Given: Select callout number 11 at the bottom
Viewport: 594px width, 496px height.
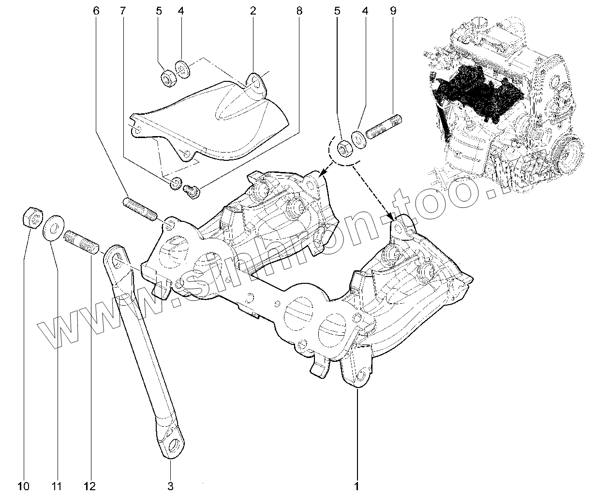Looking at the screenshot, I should (x=58, y=485).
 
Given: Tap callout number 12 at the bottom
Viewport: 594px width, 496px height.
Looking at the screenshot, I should (x=89, y=485).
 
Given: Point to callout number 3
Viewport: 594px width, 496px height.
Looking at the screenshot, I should (x=170, y=485).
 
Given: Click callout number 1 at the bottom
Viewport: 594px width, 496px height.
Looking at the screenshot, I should (x=357, y=485).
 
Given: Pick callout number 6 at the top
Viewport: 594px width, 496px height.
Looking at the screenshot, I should (x=96, y=10).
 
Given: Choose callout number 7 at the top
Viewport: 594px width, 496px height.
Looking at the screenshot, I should (x=122, y=10).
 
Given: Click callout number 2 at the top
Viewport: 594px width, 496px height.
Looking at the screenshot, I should (x=252, y=10).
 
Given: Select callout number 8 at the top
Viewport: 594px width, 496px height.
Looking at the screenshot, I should (x=299, y=10).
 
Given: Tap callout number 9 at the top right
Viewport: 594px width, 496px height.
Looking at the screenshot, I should (x=392, y=10).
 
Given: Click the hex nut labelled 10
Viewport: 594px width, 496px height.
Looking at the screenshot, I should (x=32, y=217).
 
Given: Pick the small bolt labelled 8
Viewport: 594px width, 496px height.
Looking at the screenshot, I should (x=193, y=190).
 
